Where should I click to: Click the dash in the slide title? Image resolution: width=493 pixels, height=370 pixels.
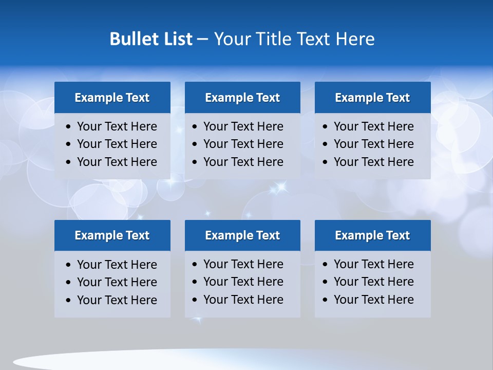pos(202,39)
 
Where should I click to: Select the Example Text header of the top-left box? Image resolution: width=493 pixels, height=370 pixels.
pos(112,98)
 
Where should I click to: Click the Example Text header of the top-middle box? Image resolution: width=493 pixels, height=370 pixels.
pos(242,98)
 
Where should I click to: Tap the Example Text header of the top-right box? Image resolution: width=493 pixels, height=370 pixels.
pos(372,98)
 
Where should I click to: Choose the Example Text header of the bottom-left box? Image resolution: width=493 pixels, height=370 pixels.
pos(112,235)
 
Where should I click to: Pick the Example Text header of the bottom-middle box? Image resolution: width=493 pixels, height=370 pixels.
pos(242,235)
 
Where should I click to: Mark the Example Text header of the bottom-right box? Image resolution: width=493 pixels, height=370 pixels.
pos(372,235)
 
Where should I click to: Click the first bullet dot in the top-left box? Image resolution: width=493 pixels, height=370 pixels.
pos(69,126)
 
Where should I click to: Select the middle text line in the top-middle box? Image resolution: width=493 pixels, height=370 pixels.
pos(243,144)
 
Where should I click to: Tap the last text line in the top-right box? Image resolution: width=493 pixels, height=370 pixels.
pos(373,162)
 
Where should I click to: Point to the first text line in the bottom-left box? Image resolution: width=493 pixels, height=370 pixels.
pos(117,265)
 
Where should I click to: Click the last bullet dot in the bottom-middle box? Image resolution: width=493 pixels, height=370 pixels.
pos(195,300)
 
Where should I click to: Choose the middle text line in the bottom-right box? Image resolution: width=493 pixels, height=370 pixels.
pos(373,282)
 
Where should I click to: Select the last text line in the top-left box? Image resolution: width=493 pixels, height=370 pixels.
pos(117,162)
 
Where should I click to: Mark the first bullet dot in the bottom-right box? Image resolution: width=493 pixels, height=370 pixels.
pos(326,265)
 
